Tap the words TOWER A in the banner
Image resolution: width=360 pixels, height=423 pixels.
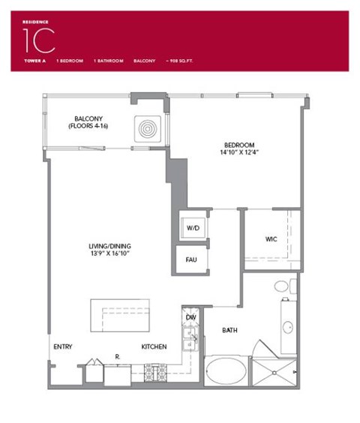click(x=34, y=59)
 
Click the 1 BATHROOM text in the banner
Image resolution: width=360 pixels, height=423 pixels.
click(x=108, y=59)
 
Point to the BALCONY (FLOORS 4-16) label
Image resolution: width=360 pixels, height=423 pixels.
click(x=94, y=122)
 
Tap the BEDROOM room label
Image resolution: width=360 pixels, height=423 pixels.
click(x=239, y=145)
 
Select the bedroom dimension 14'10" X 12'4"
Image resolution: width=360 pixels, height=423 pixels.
click(x=239, y=154)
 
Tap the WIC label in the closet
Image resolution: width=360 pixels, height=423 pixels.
click(x=271, y=240)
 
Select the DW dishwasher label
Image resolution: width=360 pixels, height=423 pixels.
click(x=191, y=318)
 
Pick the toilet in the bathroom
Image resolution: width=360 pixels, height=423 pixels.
click(x=281, y=286)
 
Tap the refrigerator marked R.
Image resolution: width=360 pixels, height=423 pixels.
click(x=118, y=370)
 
